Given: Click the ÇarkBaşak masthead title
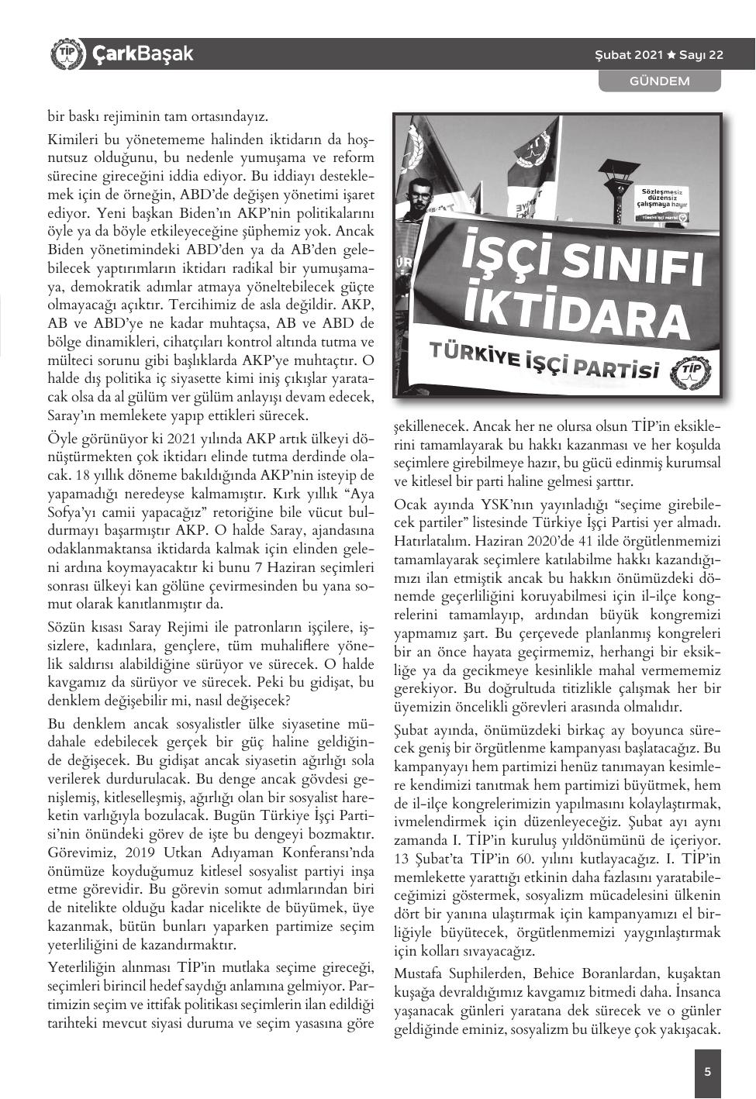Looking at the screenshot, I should [142, 54].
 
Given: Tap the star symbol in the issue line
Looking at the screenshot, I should [671, 55].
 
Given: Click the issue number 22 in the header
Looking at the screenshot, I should [715, 55].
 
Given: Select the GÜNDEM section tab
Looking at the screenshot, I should [659, 81].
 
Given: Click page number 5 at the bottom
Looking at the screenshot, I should [707, 1072].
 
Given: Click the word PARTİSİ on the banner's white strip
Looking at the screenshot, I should [617, 367].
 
